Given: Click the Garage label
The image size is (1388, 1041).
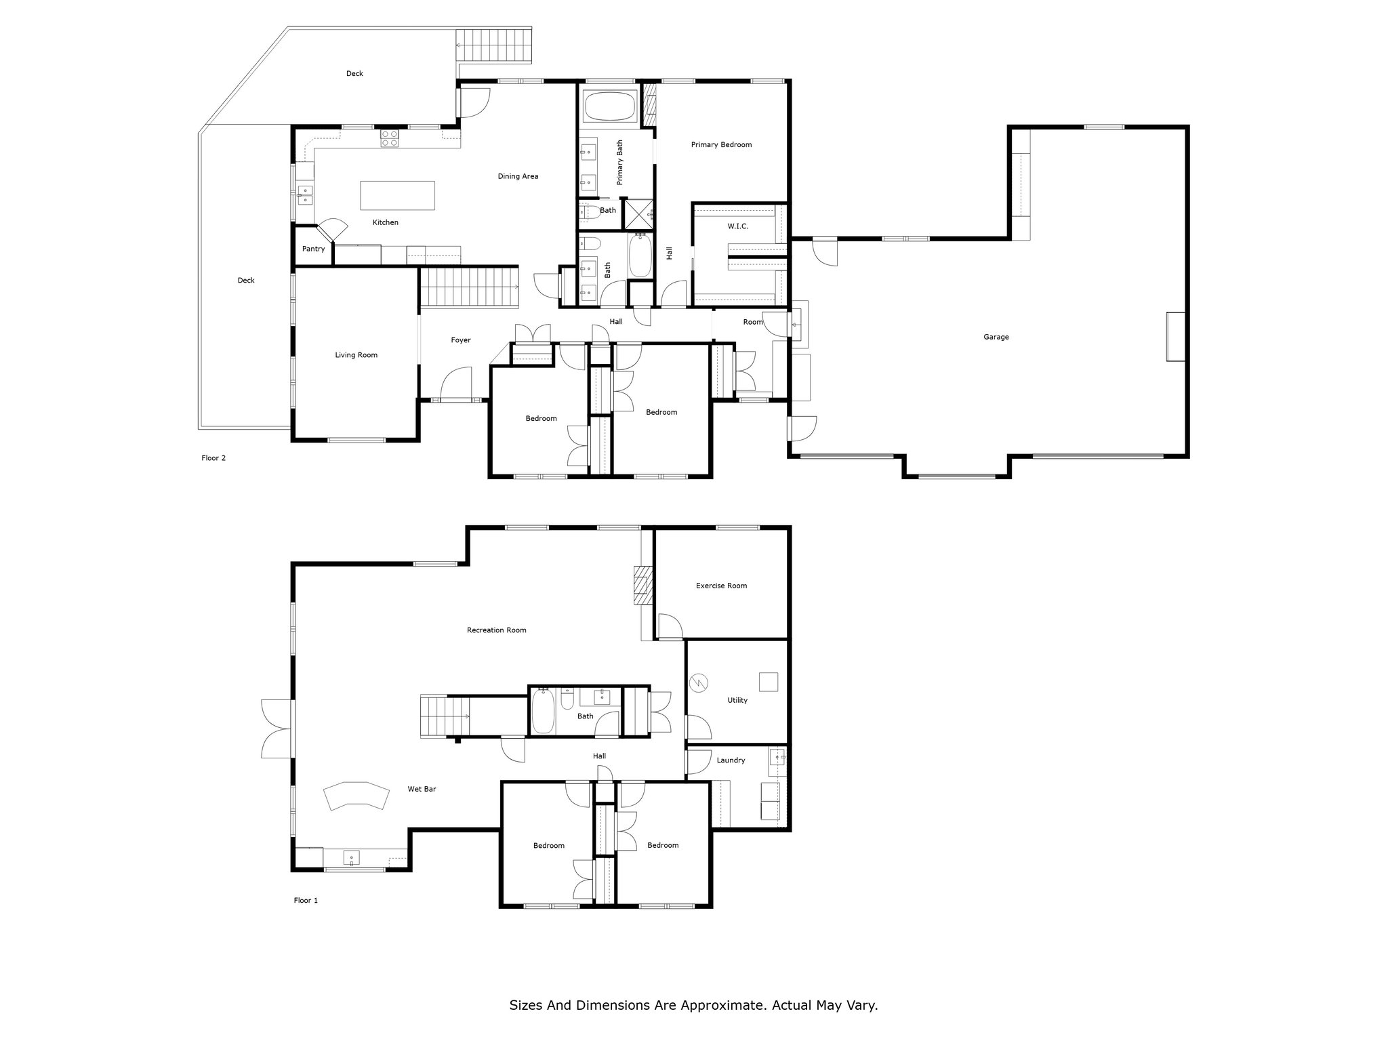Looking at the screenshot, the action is (x=996, y=337).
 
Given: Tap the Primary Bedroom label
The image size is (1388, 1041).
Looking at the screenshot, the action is (x=721, y=144).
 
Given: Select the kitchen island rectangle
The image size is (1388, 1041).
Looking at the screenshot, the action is (x=397, y=195).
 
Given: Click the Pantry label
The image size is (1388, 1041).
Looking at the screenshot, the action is (x=313, y=249).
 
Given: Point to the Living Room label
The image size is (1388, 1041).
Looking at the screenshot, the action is (x=356, y=355).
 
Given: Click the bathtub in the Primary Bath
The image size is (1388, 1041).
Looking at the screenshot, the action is (x=609, y=107).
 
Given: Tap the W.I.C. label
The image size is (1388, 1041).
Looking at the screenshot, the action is (x=738, y=226).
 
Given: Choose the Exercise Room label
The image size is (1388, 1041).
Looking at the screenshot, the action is (x=721, y=586).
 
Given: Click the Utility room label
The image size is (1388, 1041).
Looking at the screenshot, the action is (x=737, y=700).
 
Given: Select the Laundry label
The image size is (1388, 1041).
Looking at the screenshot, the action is (x=731, y=760).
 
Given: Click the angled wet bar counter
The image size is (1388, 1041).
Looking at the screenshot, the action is (x=356, y=796).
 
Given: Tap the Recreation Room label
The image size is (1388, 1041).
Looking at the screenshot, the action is (x=497, y=630).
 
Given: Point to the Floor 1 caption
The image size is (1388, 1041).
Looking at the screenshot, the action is (x=306, y=901).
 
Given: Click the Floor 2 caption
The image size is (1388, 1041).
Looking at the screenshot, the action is (x=213, y=458).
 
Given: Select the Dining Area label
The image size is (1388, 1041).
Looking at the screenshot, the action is (x=518, y=176).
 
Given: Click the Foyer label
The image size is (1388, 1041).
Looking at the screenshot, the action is (x=461, y=340).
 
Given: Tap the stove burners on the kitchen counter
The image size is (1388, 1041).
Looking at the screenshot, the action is (x=389, y=138).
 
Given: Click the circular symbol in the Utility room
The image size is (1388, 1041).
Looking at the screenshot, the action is (x=698, y=682).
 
